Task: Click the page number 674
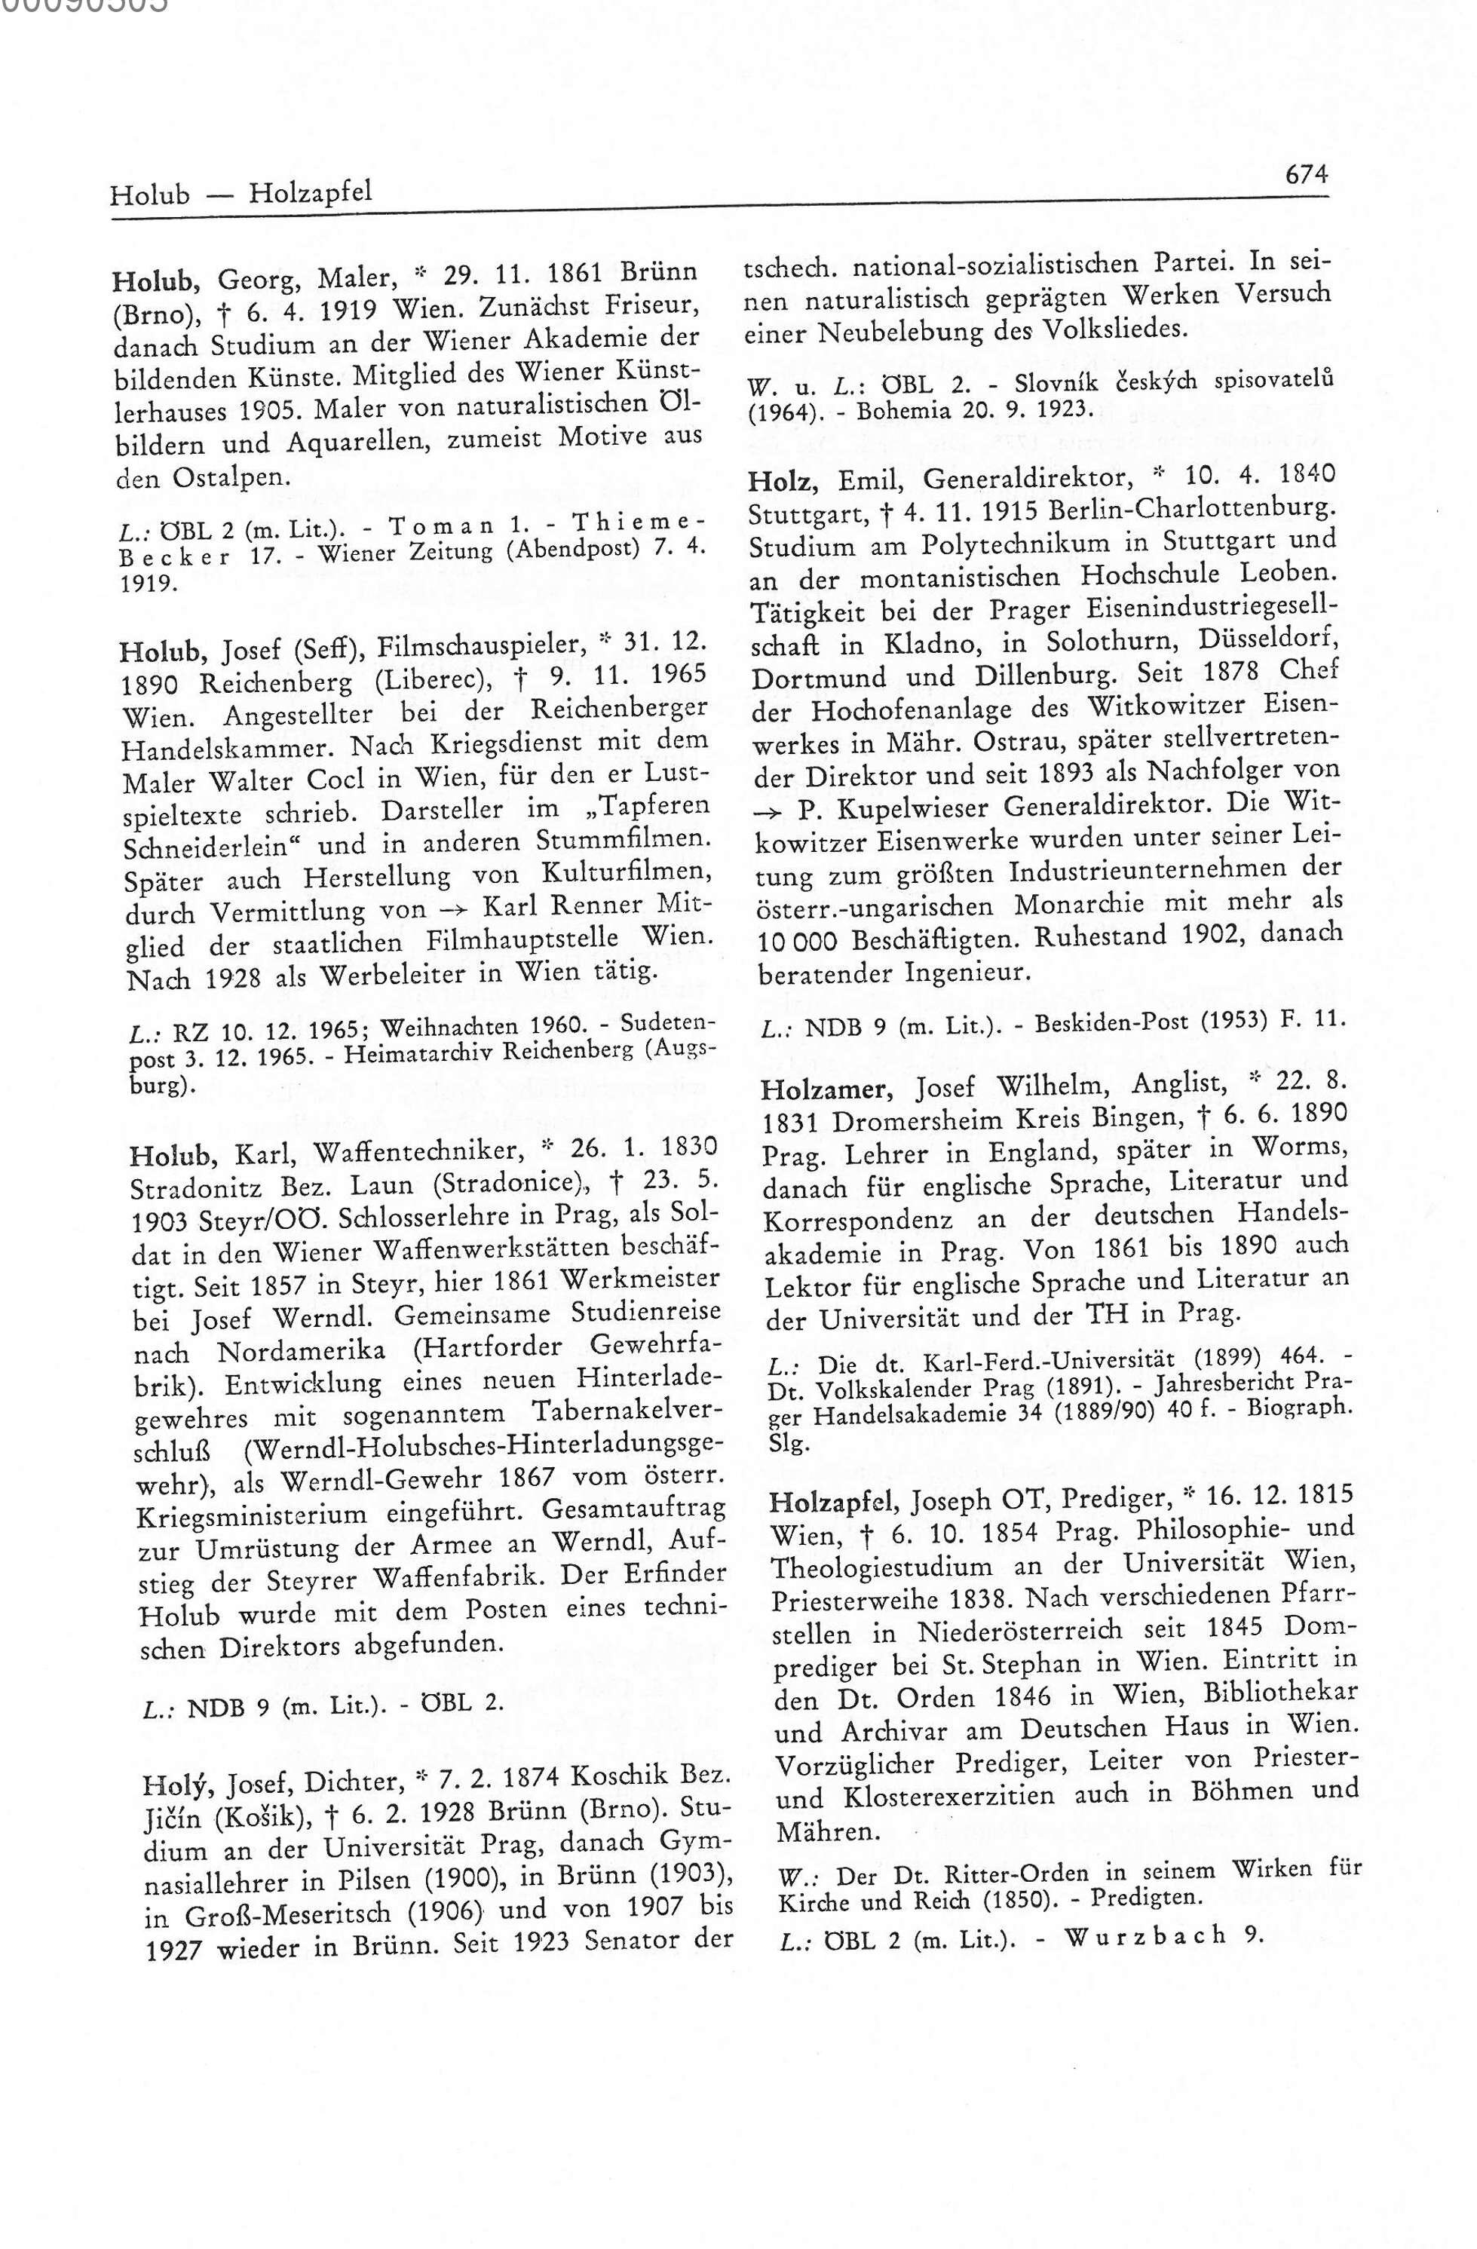click(x=1305, y=174)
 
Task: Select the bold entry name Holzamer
click(x=824, y=1089)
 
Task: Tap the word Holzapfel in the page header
click(x=311, y=194)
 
